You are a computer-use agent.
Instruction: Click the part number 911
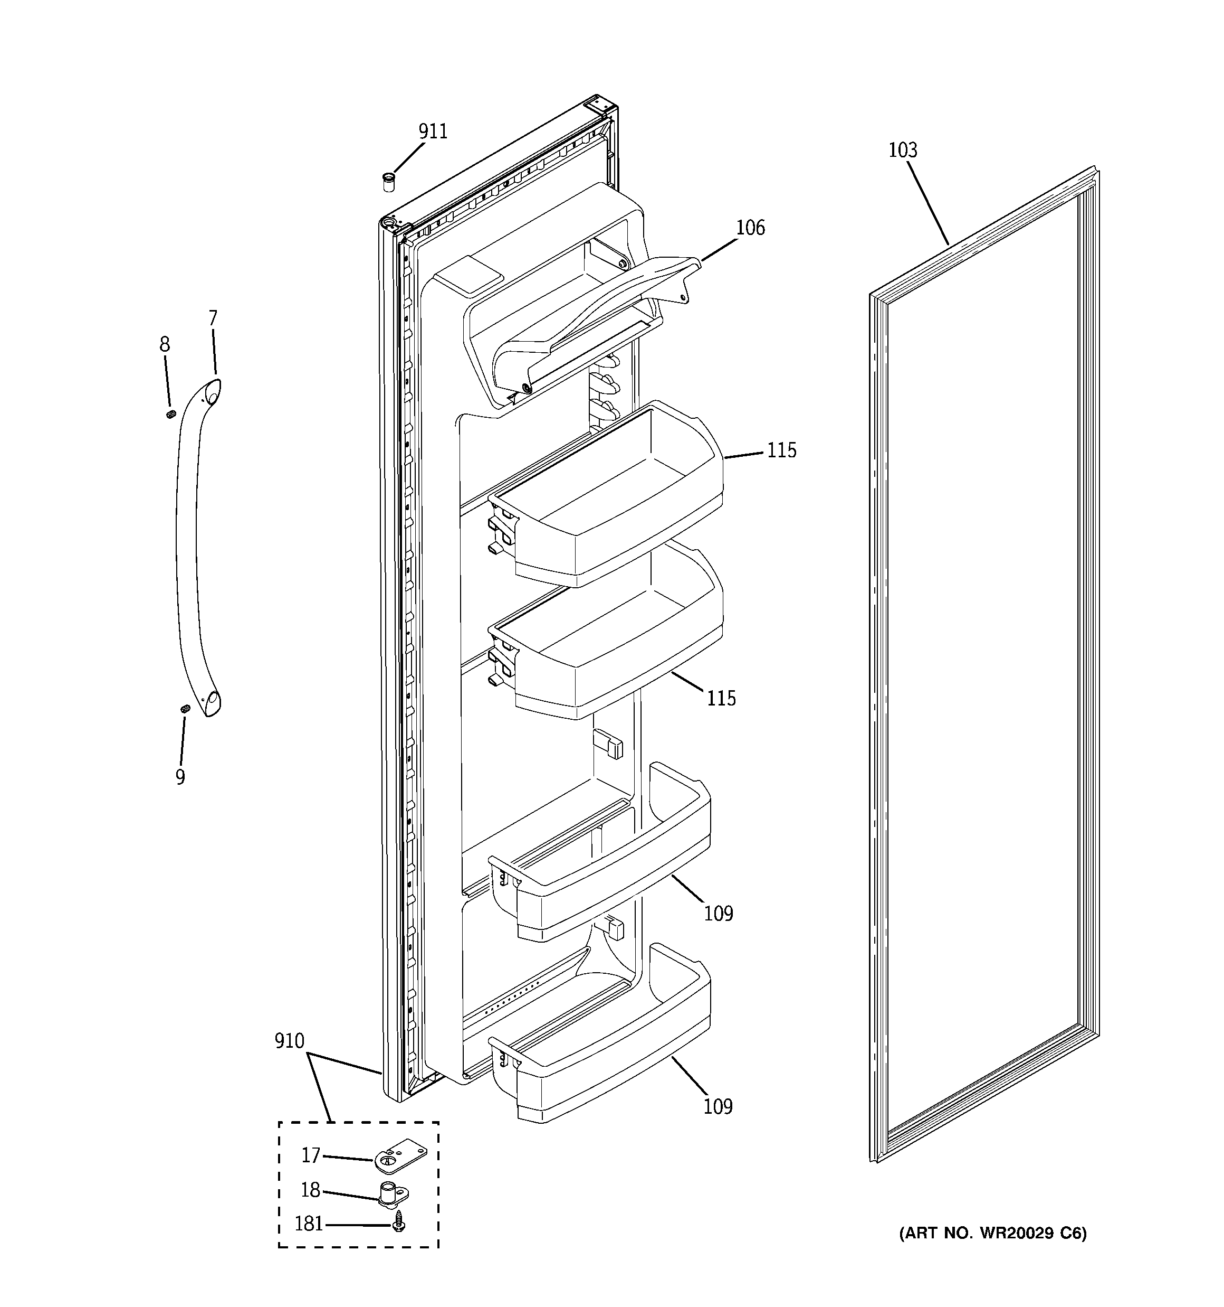click(433, 131)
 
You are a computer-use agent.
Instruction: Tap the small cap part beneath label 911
click(389, 182)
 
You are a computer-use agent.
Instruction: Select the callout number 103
click(903, 151)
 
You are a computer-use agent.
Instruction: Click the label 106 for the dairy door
click(750, 228)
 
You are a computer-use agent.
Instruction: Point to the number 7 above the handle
click(212, 318)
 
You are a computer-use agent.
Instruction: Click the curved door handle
click(187, 546)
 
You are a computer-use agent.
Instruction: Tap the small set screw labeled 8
click(171, 413)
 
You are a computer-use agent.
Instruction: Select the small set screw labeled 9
click(185, 709)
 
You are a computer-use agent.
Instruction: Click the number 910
click(289, 1041)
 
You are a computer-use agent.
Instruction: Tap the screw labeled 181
click(398, 1224)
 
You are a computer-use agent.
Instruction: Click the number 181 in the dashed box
click(308, 1224)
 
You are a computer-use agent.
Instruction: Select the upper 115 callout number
click(781, 450)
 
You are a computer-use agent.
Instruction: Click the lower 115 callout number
click(721, 698)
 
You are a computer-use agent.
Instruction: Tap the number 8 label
click(164, 344)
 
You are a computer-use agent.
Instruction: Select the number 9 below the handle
click(180, 777)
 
